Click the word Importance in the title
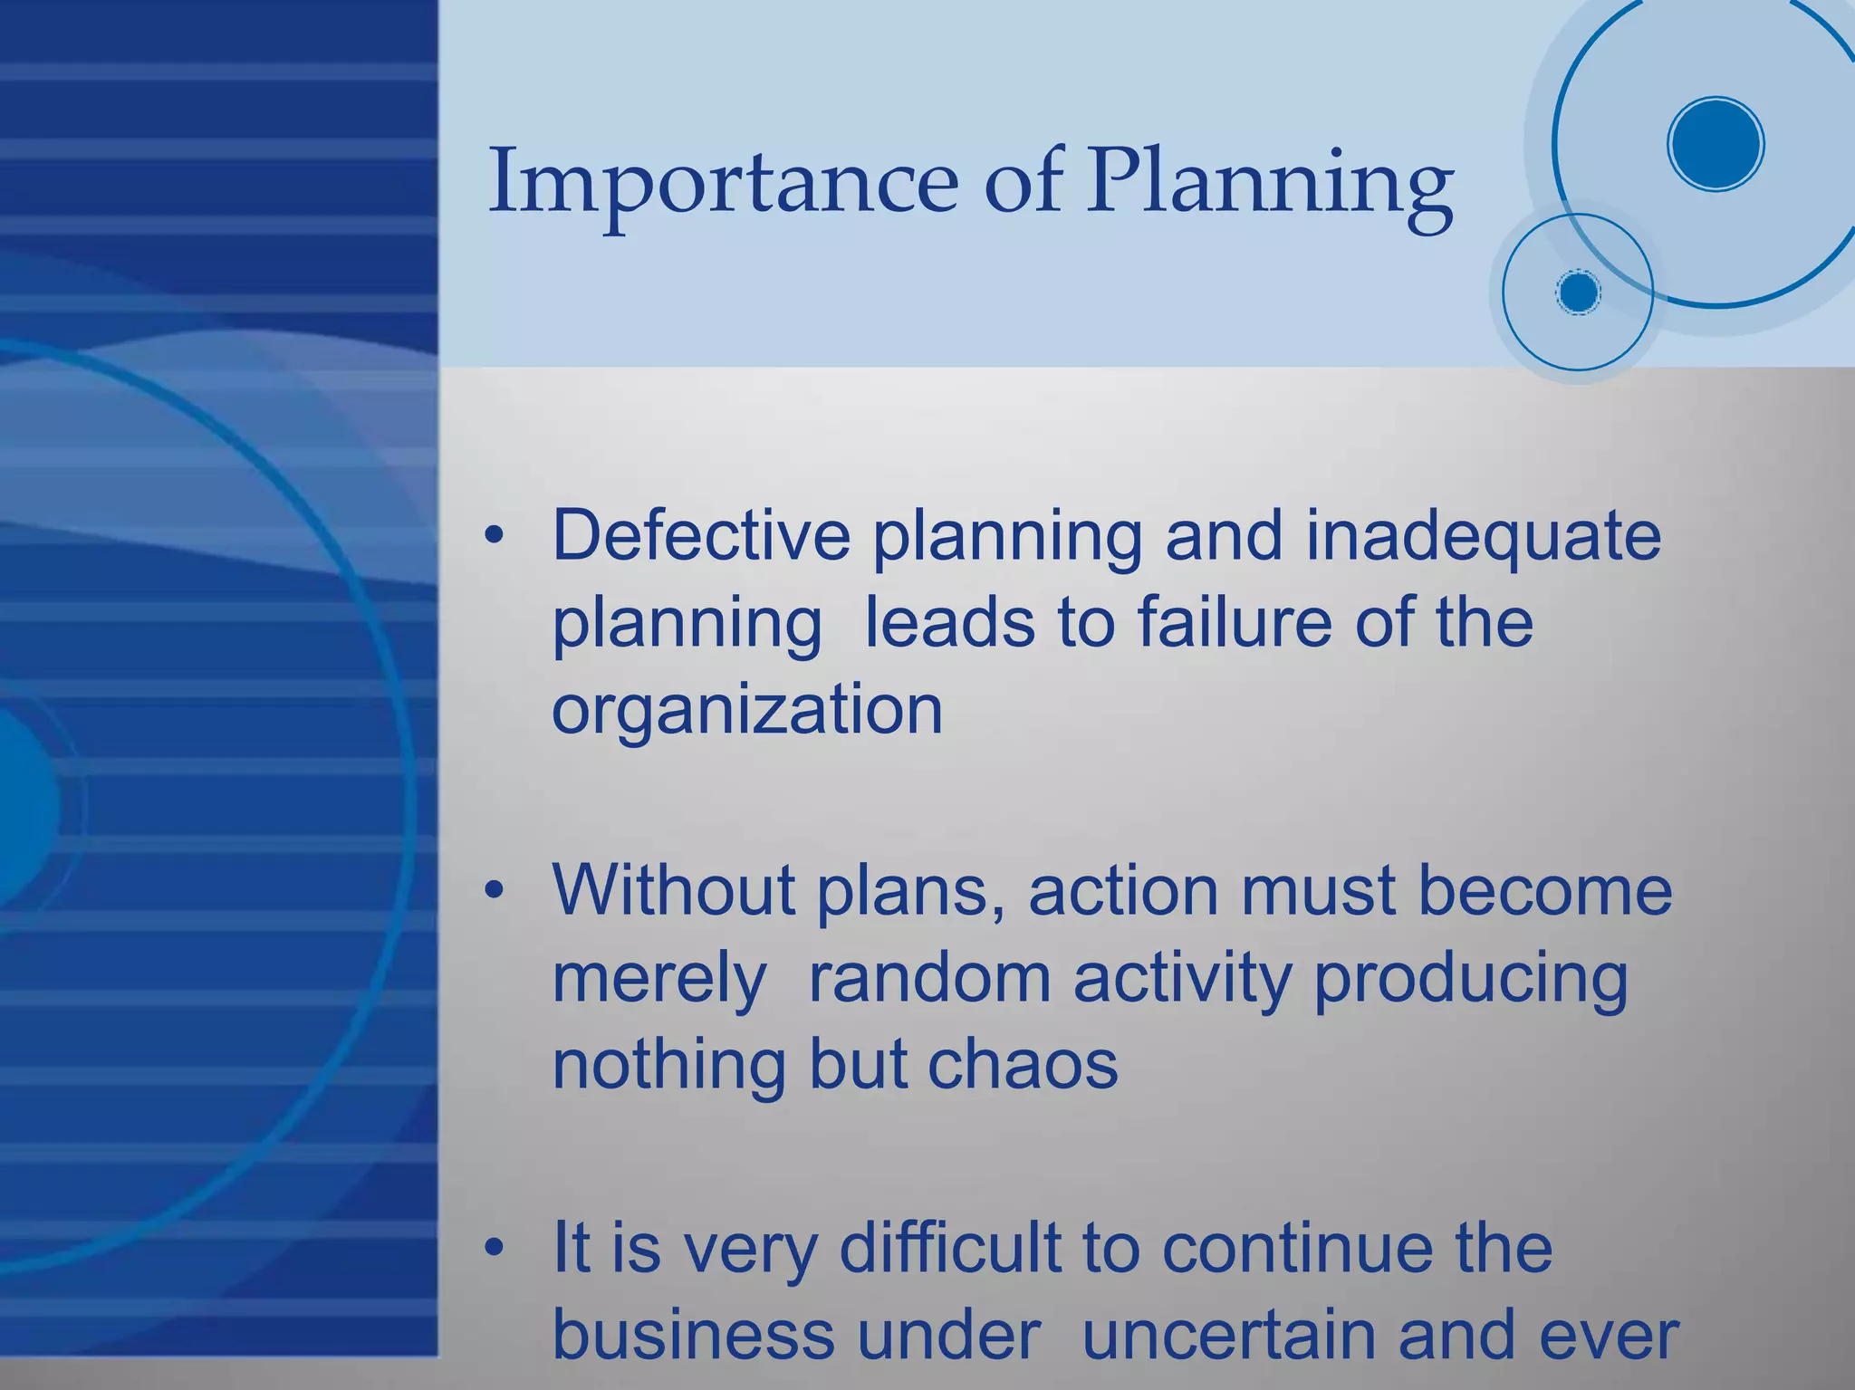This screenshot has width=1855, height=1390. tap(722, 181)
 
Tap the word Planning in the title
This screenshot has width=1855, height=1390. tap(1270, 186)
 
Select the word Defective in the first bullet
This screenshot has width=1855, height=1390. tap(701, 535)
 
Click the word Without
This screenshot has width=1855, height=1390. tap(673, 890)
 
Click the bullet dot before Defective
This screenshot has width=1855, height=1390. tap(493, 536)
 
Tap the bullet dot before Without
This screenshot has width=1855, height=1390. tap(493, 891)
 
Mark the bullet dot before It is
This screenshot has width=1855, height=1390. tap(493, 1249)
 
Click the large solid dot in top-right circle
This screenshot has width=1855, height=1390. tap(1716, 144)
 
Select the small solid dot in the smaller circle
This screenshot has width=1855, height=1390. tap(1579, 292)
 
